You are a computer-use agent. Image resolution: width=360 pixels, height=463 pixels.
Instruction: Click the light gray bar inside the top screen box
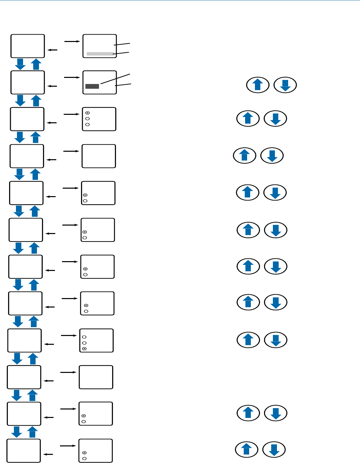point(100,54)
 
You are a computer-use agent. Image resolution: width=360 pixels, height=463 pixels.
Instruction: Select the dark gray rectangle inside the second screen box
point(92,86)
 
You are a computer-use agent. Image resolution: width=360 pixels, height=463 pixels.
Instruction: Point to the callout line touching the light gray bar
point(121,53)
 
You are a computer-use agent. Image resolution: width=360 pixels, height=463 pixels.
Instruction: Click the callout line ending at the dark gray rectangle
point(115,78)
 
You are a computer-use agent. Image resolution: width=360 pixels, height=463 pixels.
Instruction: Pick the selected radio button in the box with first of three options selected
point(87,113)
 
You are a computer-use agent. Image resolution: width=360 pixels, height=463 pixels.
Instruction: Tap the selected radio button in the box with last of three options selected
point(84,349)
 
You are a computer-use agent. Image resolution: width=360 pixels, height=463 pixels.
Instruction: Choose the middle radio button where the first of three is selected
point(87,119)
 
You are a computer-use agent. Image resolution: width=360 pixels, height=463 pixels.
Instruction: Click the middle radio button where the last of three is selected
point(84,343)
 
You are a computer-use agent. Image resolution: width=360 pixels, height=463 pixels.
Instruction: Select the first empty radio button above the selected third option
point(84,337)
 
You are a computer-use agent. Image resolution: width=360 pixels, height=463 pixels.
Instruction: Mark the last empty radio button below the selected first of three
point(87,125)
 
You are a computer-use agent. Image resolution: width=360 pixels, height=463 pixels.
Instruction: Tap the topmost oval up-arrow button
point(258,85)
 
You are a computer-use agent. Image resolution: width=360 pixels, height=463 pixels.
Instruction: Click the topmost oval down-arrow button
point(285,85)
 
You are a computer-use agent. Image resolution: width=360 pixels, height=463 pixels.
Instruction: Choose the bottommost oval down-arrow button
point(274,450)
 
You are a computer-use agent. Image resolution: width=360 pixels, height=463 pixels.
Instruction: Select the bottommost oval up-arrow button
point(246,450)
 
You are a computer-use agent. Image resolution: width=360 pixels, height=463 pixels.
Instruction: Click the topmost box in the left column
point(28,46)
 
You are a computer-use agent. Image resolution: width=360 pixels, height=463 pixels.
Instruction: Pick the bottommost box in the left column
point(24,450)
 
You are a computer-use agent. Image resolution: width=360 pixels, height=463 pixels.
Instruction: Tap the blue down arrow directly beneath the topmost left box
point(20,64)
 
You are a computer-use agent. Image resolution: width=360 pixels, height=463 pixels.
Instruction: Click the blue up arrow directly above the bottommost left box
point(32,432)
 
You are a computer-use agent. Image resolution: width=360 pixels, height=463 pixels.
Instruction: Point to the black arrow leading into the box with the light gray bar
point(72,41)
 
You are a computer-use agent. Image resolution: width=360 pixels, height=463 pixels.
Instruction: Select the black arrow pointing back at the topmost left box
point(53,50)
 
